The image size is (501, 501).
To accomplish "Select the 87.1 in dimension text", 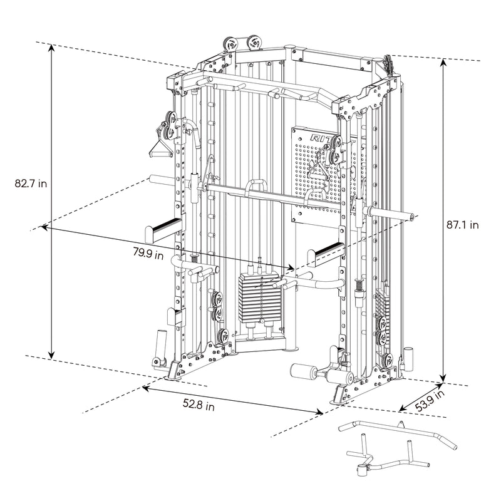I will pyautogui.click(x=463, y=224).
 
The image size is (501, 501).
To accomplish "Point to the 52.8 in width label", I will pyautogui.click(x=199, y=406).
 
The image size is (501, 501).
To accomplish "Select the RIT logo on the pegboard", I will pyautogui.click(x=320, y=138).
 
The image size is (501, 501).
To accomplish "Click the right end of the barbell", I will pyautogui.click(x=410, y=217).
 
